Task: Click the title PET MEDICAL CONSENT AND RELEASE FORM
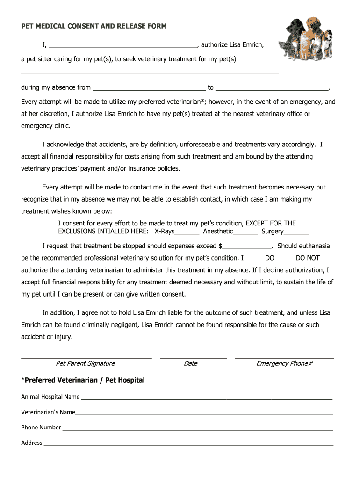pos(94,26)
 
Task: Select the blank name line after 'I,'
pos(123,46)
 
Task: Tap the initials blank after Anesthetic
pos(245,232)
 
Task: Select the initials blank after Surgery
pos(296,232)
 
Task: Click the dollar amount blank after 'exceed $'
pos(248,247)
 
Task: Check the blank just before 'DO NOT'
pos(285,258)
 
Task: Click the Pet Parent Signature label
pos(85,363)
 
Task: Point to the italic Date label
pos(191,363)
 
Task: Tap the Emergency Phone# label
pos(284,363)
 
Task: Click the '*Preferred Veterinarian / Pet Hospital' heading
pos(83,380)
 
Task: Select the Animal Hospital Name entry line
pos(206,398)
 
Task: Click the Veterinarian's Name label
pos(48,412)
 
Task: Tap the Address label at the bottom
pos(32,443)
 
